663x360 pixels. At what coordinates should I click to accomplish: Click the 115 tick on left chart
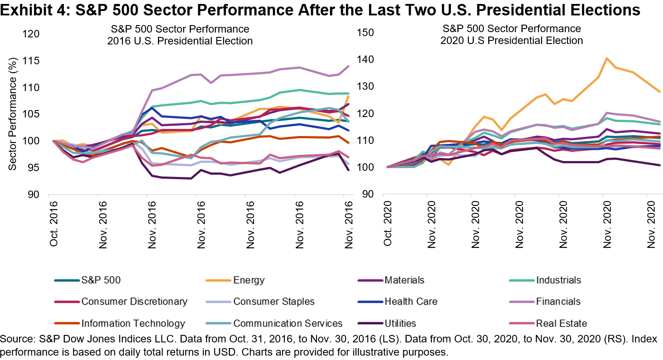[x=31, y=61]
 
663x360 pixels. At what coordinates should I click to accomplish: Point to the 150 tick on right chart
[x=365, y=33]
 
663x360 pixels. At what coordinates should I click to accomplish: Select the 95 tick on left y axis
[x=33, y=168]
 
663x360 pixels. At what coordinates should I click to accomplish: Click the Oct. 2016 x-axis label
[x=54, y=224]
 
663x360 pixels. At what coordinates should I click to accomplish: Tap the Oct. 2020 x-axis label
[x=388, y=224]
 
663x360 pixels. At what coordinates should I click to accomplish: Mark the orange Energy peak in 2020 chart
[x=607, y=58]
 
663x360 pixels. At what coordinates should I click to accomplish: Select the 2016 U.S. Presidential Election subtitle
[x=180, y=41]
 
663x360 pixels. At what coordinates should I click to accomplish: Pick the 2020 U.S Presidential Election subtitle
[x=512, y=40]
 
